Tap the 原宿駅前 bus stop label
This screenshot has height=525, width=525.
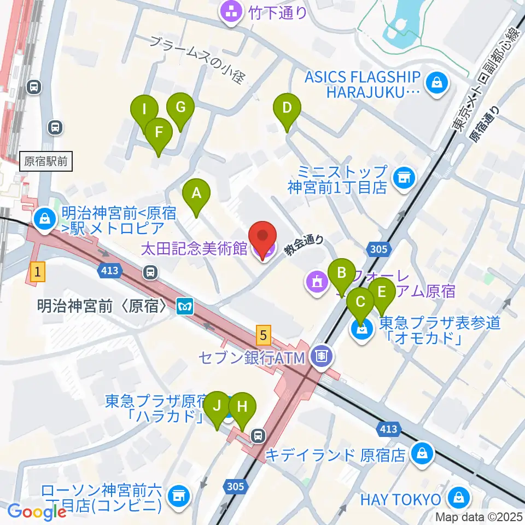click(x=46, y=161)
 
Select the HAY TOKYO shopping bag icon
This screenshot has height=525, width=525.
click(x=456, y=498)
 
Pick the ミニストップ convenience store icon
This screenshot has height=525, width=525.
click(x=404, y=178)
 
